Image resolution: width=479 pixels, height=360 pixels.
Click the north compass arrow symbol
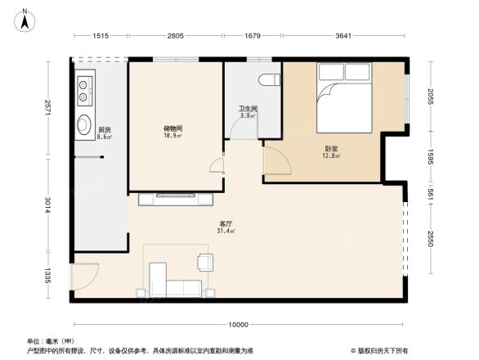click(x=25, y=19)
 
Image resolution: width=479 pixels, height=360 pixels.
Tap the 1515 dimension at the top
click(x=101, y=35)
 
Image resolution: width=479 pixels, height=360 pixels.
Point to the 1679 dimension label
click(x=253, y=35)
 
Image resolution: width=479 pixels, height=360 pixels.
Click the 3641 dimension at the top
click(x=343, y=35)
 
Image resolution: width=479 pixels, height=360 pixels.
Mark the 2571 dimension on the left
click(x=47, y=106)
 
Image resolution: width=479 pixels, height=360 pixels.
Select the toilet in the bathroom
click(x=266, y=80)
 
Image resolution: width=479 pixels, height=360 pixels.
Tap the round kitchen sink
click(x=84, y=125)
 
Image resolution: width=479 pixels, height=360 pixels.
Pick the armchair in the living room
click(x=204, y=262)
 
